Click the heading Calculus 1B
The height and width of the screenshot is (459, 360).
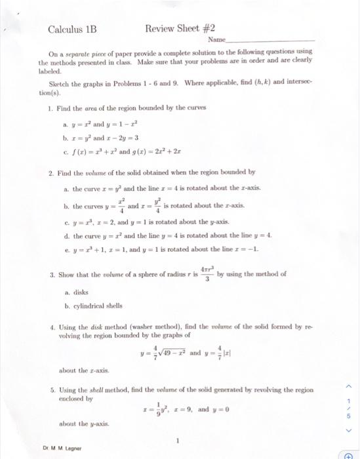click(x=72, y=30)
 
